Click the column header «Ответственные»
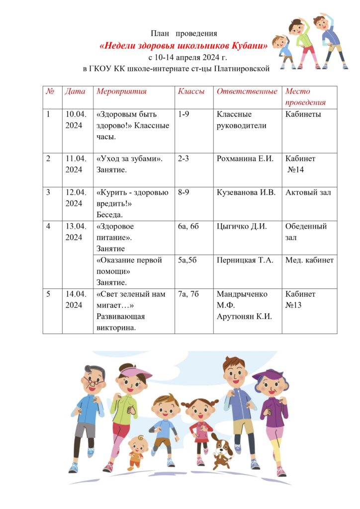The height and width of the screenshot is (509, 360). click(247, 91)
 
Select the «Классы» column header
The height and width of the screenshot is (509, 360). click(191, 91)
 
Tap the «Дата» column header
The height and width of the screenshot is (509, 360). click(75, 91)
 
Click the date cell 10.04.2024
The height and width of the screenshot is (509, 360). click(76, 119)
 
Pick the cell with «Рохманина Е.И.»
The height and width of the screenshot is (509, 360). click(246, 159)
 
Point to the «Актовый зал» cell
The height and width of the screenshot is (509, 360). click(308, 193)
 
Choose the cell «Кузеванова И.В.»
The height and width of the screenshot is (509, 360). click(246, 193)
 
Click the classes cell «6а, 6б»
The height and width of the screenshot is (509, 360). click(188, 227)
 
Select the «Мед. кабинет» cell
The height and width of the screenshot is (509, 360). click(309, 260)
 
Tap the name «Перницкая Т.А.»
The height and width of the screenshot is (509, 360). click(245, 260)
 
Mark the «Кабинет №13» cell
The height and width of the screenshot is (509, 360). click(300, 299)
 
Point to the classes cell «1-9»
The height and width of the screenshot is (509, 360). click(183, 114)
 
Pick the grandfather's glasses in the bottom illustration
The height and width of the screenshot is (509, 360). click(93, 383)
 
